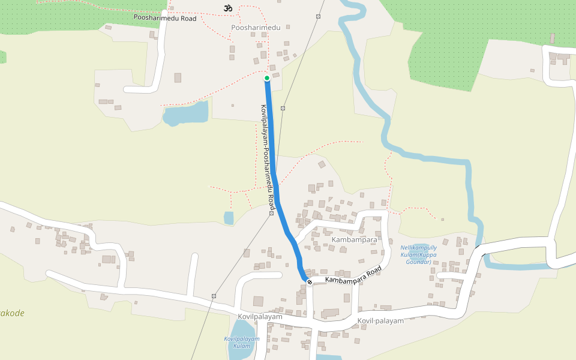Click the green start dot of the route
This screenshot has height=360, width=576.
pyautogui.click(x=267, y=78)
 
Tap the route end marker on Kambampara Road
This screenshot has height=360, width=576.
pyautogui.click(x=309, y=282)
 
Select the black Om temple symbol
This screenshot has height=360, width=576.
pyautogui.click(x=227, y=8)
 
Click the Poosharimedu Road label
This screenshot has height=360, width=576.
pyautogui.click(x=165, y=19)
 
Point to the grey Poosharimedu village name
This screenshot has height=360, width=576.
pyautogui.click(x=256, y=28)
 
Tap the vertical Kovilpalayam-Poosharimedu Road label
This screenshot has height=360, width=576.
pyautogui.click(x=267, y=153)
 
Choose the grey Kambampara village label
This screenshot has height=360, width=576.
pyautogui.click(x=354, y=239)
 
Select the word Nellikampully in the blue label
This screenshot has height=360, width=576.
pyautogui.click(x=419, y=248)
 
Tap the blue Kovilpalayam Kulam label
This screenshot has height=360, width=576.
pyautogui.click(x=242, y=342)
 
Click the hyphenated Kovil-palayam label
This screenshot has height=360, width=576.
pyautogui.click(x=380, y=320)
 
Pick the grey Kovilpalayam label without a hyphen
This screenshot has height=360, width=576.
pyautogui.click(x=260, y=316)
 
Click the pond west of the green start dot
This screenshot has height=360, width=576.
pyautogui.click(x=186, y=113)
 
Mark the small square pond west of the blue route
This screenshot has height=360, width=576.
pyautogui.click(x=229, y=218)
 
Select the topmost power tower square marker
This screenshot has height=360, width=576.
pyautogui.click(x=318, y=16)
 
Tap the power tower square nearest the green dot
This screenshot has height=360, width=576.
pyautogui.click(x=283, y=109)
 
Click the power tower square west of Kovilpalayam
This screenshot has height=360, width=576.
pyautogui.click(x=213, y=296)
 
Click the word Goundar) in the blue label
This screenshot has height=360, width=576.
pyautogui.click(x=419, y=262)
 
